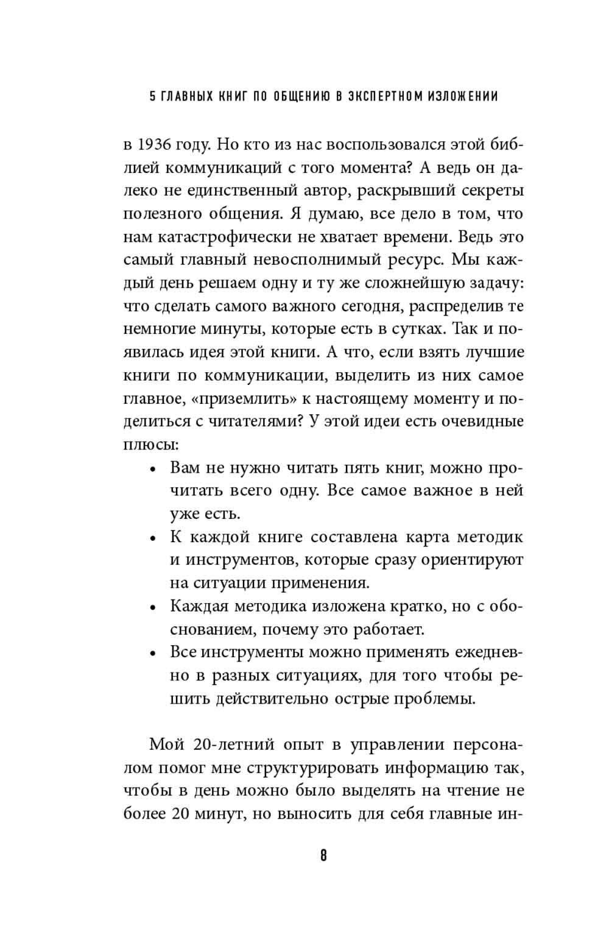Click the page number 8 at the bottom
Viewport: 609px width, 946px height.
point(323,855)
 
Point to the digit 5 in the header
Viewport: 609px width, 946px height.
point(153,96)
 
